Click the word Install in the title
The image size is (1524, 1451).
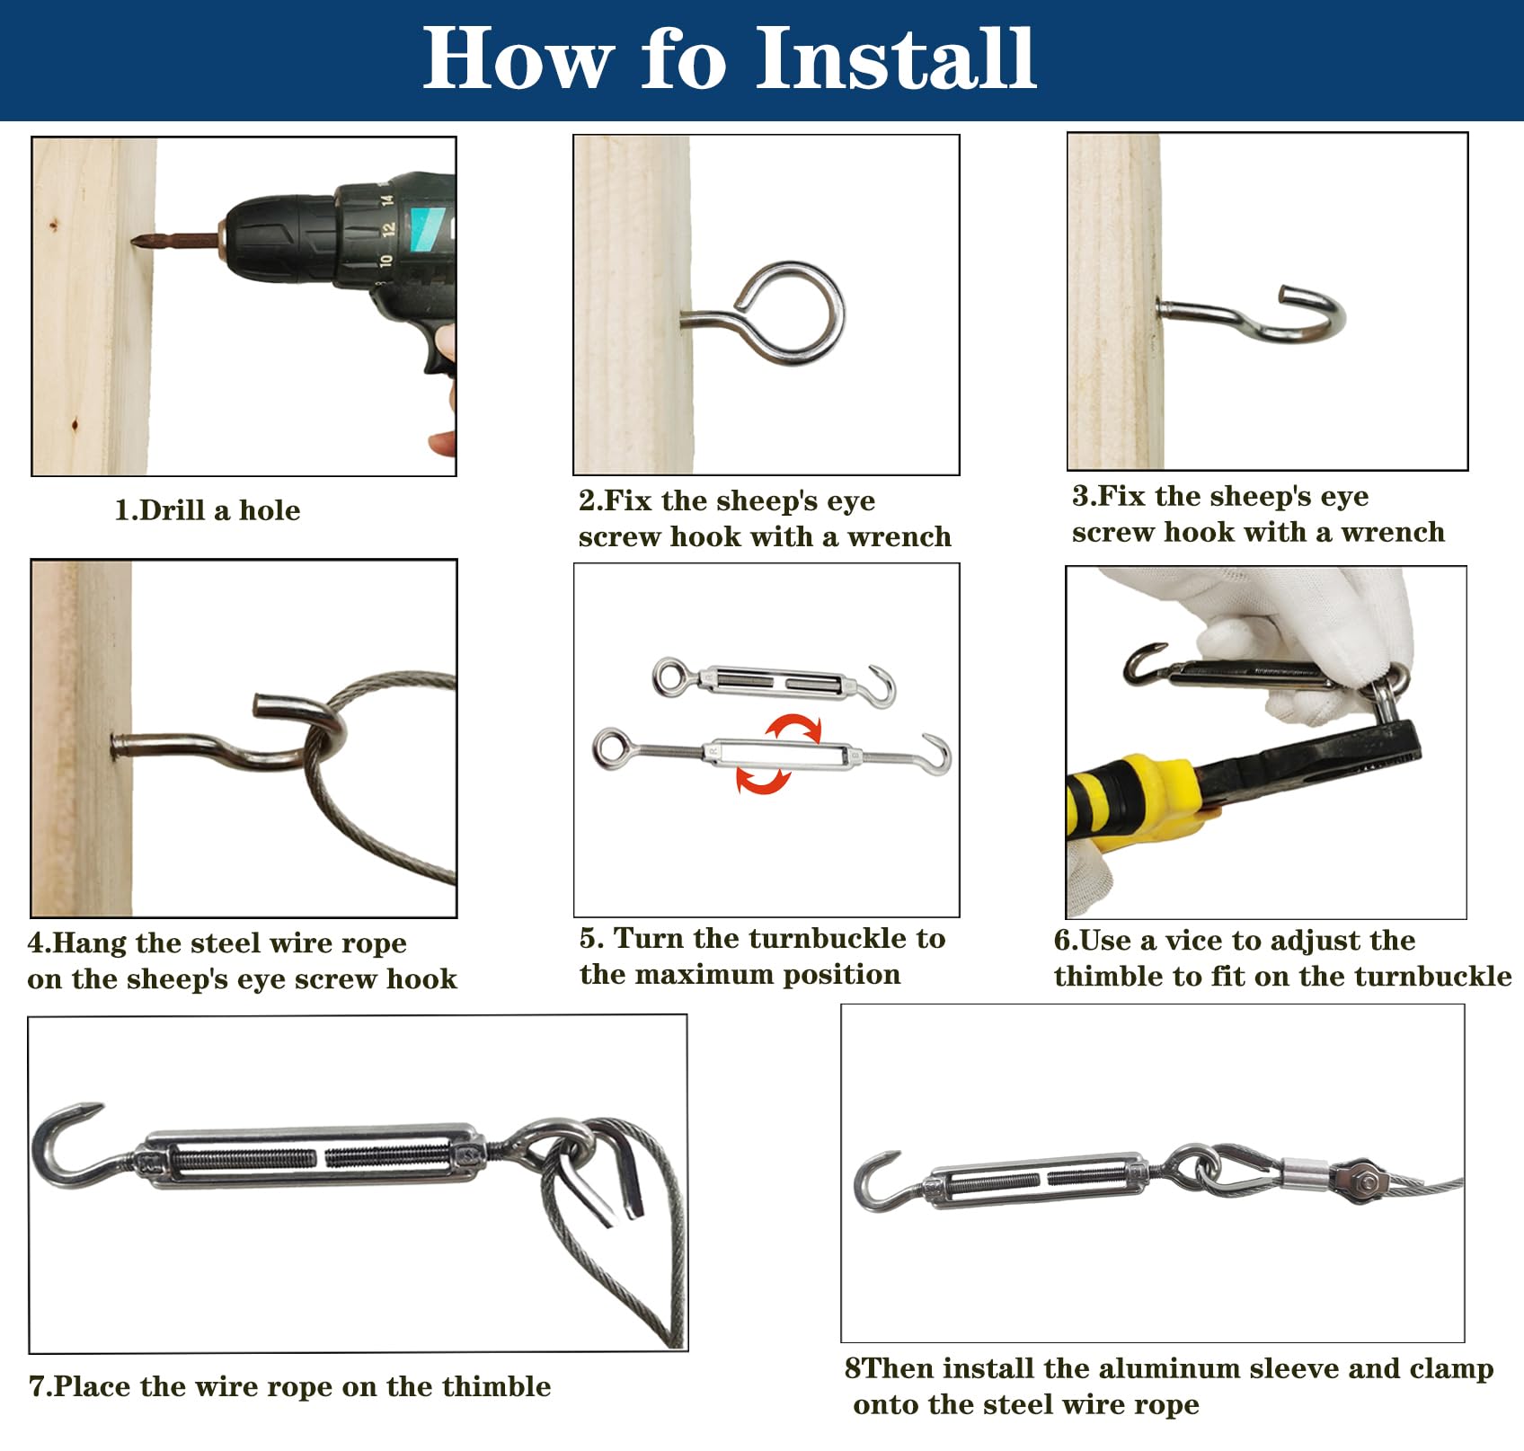896,58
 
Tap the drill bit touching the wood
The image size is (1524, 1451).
175,241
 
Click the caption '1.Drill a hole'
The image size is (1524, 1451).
208,510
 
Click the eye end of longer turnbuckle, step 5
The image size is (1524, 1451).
610,747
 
